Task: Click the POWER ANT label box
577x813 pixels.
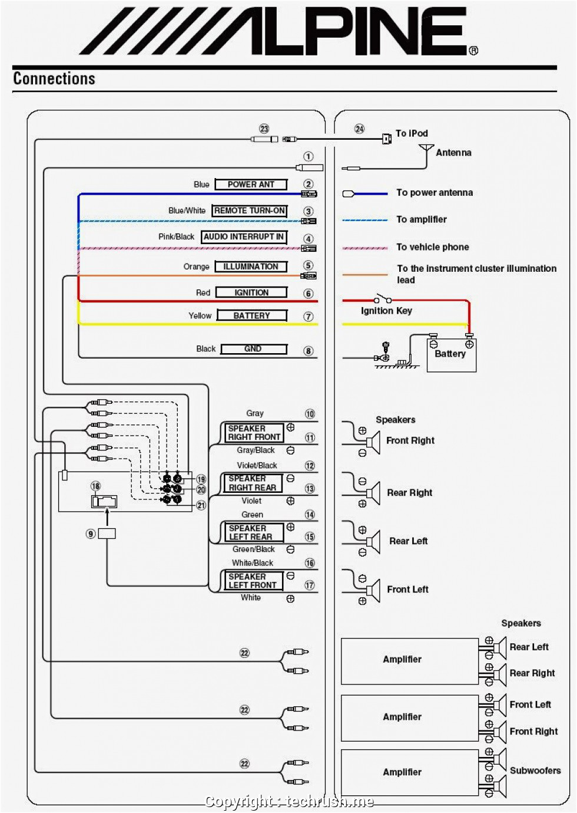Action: click(251, 185)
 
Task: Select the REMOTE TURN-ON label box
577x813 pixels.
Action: click(250, 210)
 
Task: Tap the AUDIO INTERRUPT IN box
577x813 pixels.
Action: click(244, 237)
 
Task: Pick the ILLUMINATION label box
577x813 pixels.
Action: click(251, 266)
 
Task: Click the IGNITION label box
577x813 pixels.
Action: click(251, 292)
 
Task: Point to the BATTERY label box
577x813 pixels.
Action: click(251, 315)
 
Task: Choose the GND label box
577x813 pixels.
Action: click(253, 349)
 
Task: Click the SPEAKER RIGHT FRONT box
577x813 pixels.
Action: click(254, 433)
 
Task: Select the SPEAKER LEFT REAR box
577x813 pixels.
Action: click(250, 532)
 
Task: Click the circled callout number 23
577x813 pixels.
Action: click(264, 129)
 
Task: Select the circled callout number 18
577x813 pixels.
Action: click(95, 486)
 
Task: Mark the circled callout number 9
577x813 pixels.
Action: click(91, 534)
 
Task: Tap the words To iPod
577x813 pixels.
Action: click(412, 133)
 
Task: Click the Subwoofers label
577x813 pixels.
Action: click(535, 770)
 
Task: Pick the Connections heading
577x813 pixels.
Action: click(54, 78)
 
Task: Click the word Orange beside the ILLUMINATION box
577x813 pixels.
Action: click(196, 266)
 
